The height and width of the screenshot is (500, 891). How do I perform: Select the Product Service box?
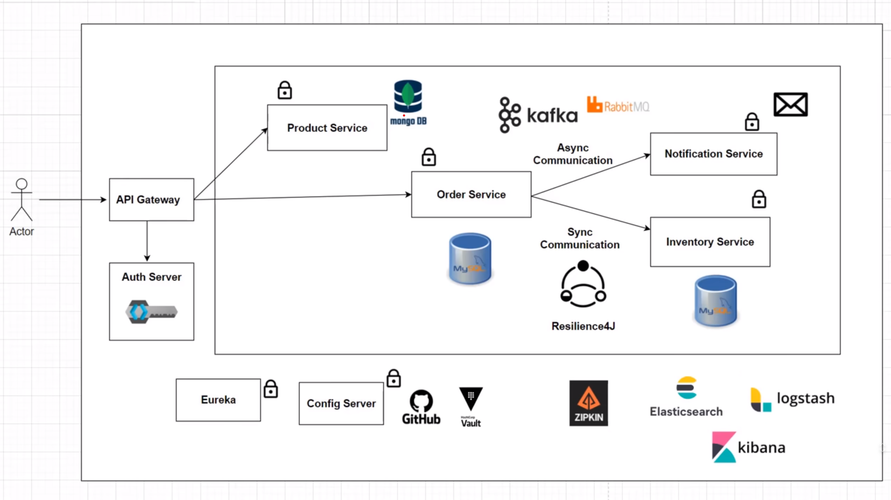327,128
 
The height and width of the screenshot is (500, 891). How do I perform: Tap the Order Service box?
471,194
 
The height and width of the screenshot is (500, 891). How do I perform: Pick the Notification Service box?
713,154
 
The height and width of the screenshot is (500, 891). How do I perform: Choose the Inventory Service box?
710,242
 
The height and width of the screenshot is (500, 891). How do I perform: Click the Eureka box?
218,400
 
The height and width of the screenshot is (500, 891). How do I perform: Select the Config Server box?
341,403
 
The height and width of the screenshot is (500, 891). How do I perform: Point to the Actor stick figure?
22,201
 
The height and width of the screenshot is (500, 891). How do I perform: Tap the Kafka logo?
538,115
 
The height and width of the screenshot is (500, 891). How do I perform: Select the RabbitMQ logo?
618,105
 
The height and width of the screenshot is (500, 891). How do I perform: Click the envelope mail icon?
790,104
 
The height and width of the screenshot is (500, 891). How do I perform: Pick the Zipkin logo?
588,403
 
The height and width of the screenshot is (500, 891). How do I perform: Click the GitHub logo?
421,407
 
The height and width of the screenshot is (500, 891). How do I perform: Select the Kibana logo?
748,448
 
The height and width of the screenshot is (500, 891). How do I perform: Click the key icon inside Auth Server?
151,312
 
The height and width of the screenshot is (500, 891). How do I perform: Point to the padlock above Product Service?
284,90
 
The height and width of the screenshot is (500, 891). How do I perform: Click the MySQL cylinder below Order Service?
470,259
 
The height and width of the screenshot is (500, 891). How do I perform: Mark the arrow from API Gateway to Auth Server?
147,241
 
